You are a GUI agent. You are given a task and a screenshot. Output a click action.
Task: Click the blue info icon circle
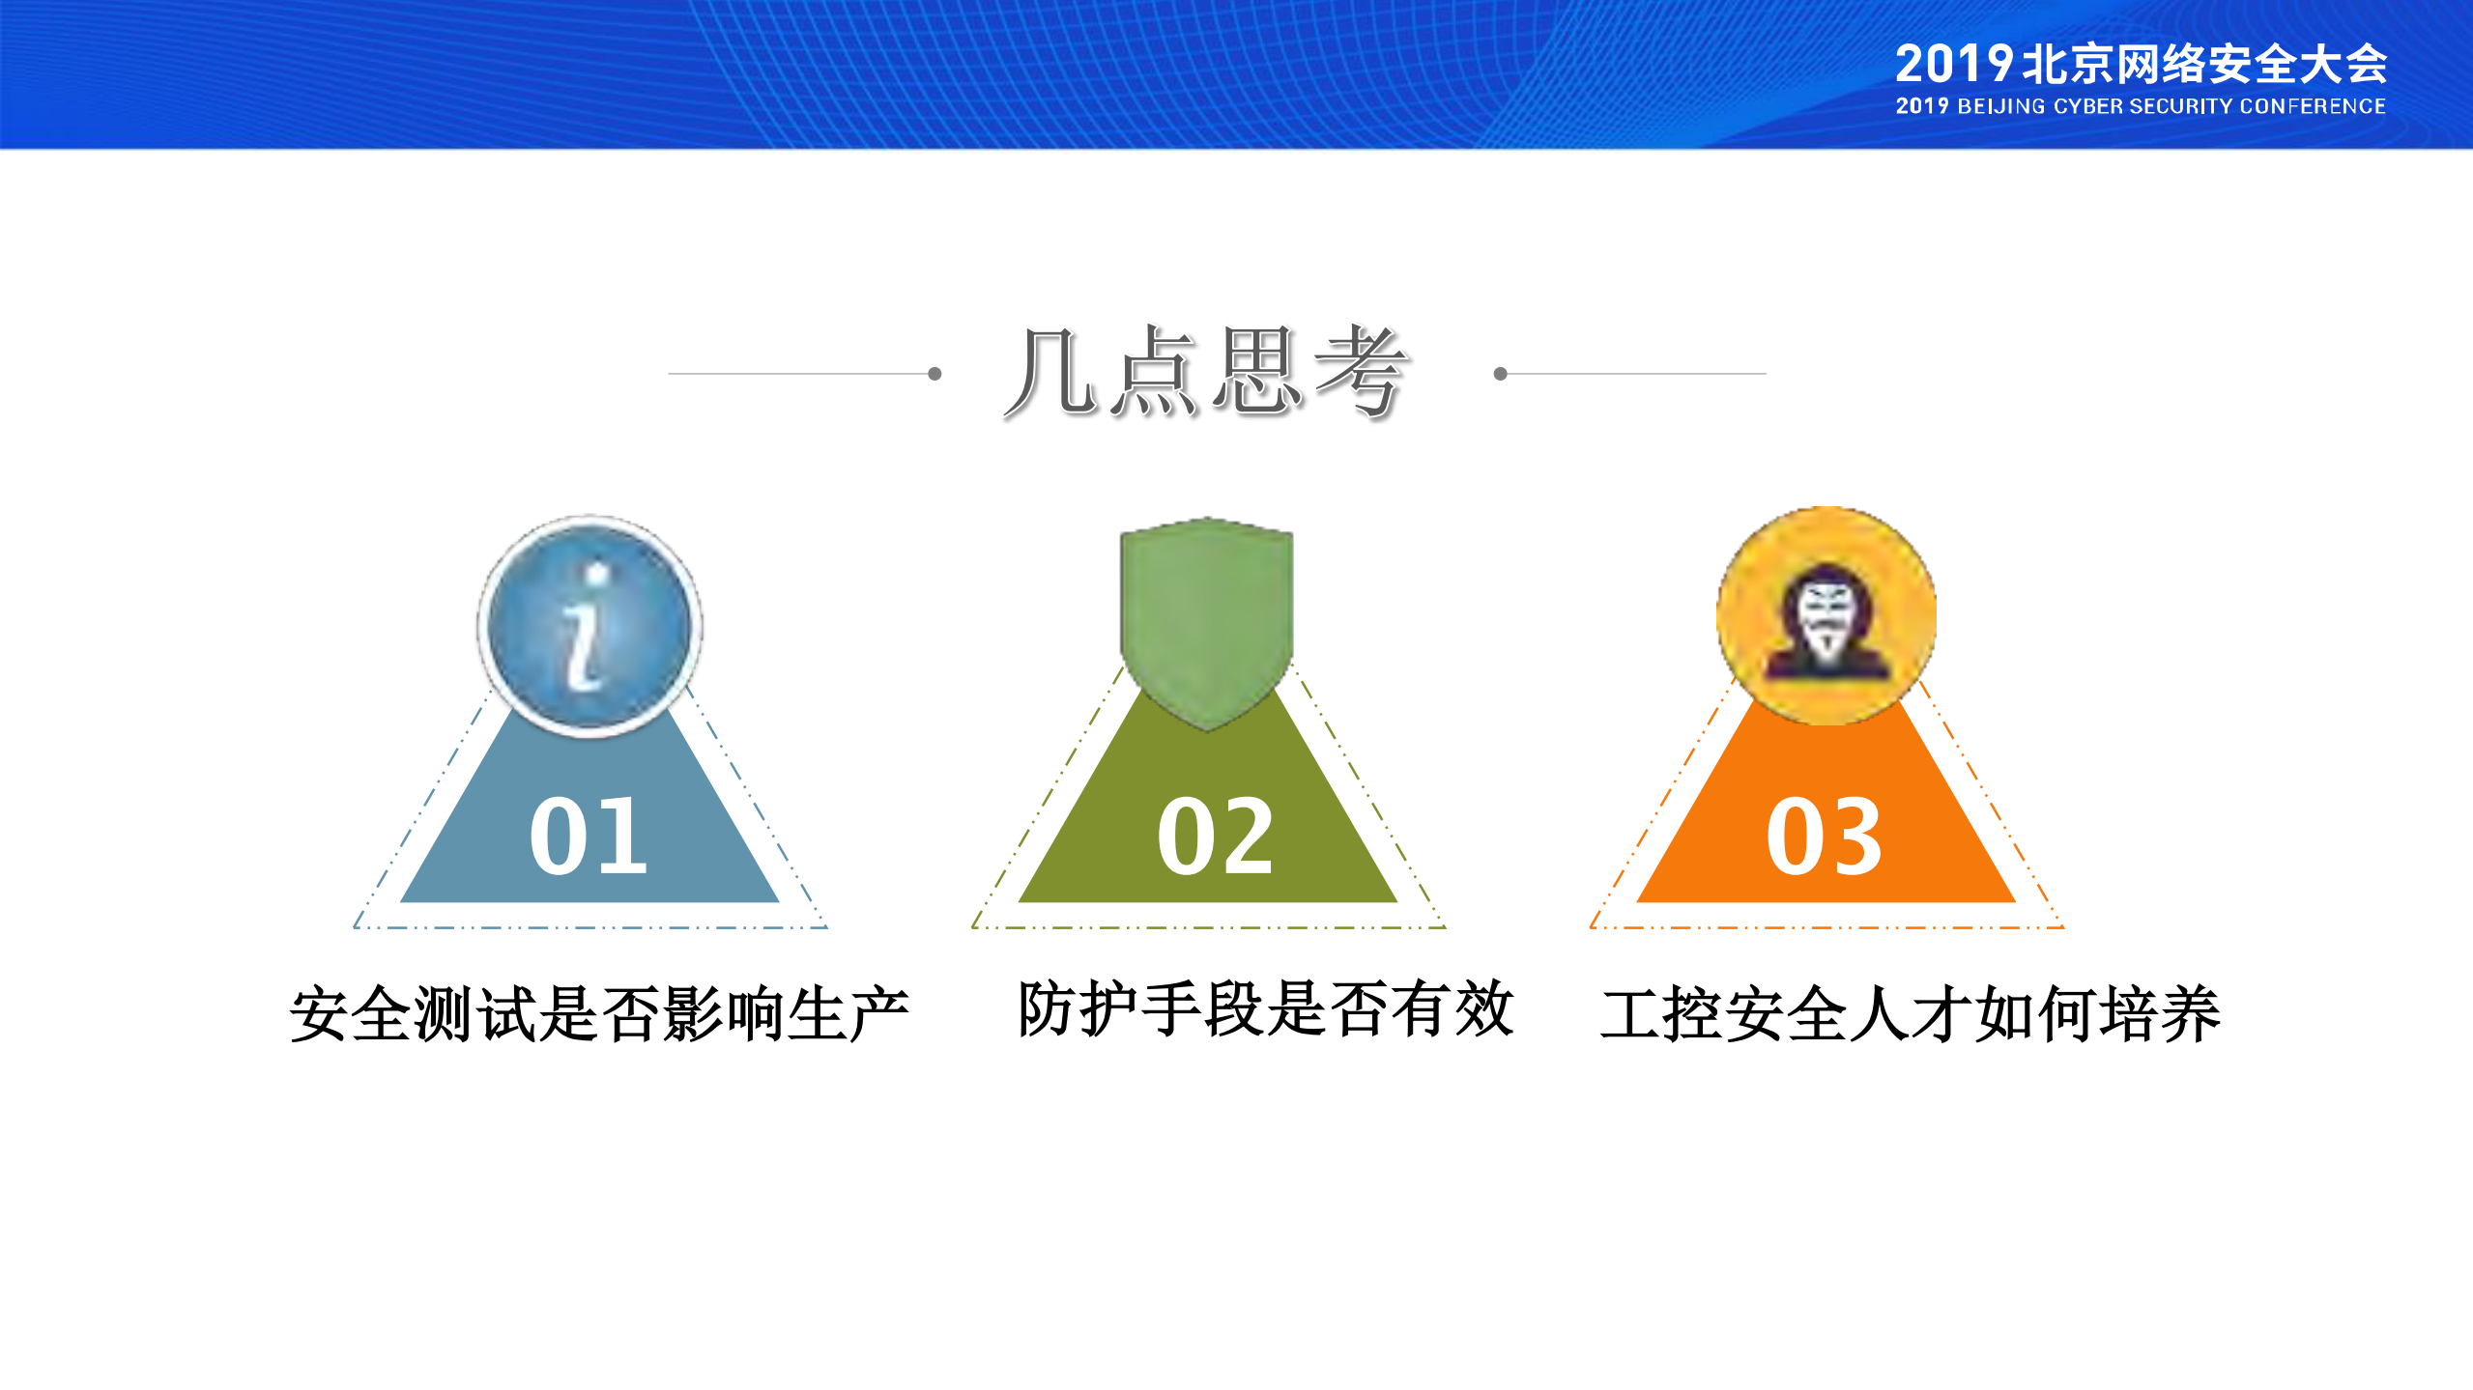click(589, 625)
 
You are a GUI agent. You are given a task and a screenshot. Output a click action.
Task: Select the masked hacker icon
click(1826, 615)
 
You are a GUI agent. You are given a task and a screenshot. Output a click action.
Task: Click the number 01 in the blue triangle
click(589, 836)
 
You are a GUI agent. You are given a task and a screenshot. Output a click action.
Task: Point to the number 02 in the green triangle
click(1216, 836)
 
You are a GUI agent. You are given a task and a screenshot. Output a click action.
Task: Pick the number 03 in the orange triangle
click(1825, 836)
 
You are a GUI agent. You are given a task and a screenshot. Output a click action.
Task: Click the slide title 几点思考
click(1206, 372)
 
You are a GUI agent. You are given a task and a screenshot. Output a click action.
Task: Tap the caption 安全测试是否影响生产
click(599, 1013)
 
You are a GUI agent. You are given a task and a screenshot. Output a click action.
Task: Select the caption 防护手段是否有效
click(1265, 1008)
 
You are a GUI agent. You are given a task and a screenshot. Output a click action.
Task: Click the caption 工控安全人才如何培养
click(1911, 1013)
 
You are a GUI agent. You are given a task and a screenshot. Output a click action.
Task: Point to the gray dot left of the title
click(935, 374)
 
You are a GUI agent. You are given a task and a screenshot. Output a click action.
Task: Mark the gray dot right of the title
click(1500, 374)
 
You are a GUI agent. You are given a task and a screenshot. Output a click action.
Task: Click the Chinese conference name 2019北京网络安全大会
click(2141, 65)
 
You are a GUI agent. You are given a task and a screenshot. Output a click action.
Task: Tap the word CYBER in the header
click(2088, 106)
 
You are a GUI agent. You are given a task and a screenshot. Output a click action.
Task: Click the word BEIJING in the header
click(2001, 106)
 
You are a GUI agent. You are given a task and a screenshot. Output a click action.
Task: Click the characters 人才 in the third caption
click(1911, 1013)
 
